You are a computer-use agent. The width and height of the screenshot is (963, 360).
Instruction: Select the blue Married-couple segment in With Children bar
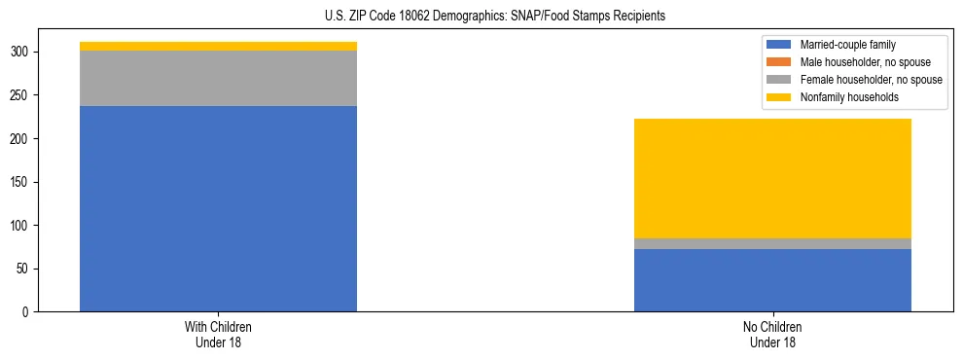tap(218, 208)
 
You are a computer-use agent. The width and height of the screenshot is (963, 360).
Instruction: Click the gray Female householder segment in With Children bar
tap(218, 78)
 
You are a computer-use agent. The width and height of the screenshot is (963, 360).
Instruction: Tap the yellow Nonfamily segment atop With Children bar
tap(218, 46)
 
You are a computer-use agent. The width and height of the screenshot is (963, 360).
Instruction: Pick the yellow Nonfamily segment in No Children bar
tap(772, 178)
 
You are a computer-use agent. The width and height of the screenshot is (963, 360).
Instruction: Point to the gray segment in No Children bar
tap(772, 243)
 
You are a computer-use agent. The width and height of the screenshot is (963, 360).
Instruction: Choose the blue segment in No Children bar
tap(772, 280)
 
